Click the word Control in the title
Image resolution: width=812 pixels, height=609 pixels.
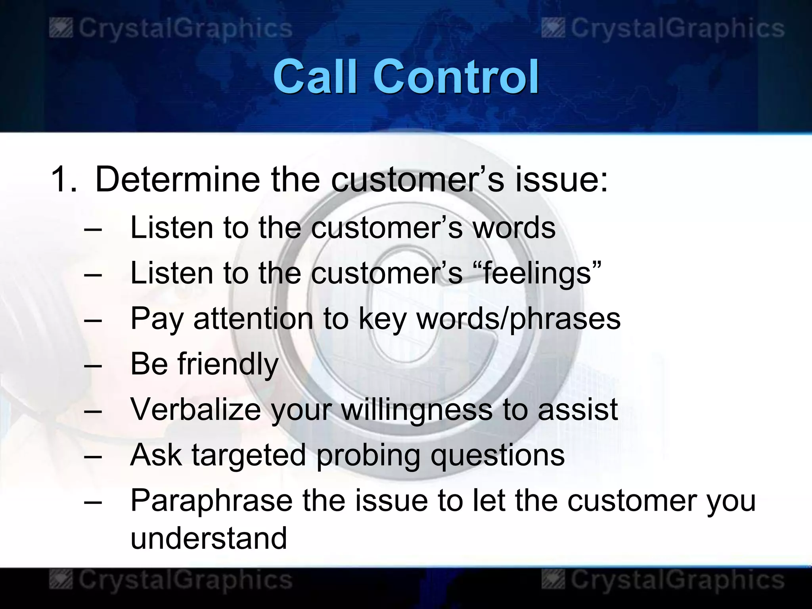(x=456, y=76)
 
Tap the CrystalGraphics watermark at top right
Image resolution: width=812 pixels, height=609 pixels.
(x=663, y=29)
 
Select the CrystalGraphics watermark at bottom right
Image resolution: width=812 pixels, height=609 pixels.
(x=663, y=580)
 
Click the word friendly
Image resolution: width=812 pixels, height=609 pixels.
(x=228, y=364)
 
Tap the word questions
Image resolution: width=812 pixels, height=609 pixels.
(x=498, y=455)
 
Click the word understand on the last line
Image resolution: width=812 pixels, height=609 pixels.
(x=209, y=538)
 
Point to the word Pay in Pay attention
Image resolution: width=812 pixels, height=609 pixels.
(x=157, y=319)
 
